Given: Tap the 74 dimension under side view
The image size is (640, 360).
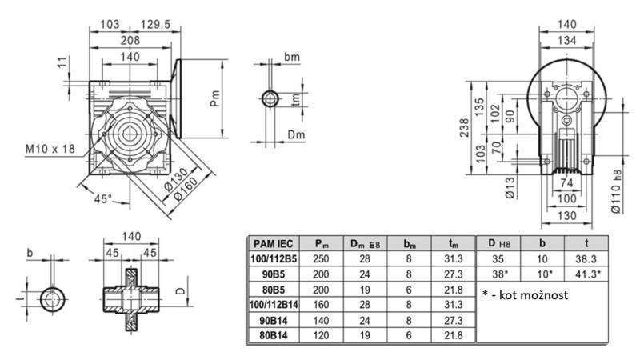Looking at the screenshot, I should click(566, 183).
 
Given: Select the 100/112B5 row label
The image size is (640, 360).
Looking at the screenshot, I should click(274, 259).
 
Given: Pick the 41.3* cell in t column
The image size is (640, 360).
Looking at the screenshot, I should click(588, 274).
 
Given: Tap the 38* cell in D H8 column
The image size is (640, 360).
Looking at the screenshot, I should click(498, 274).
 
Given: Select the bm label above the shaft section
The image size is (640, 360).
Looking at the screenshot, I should click(292, 58).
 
